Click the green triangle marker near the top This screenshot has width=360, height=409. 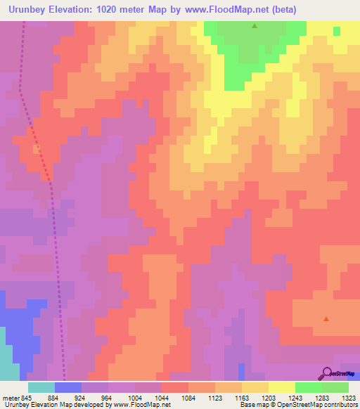pos(255,26)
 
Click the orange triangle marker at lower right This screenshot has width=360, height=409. pos(326,319)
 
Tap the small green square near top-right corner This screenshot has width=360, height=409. pos(337,31)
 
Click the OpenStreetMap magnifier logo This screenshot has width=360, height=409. pos(326,373)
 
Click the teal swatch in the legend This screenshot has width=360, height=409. pos(41,387)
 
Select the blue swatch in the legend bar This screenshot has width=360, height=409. pos(68,387)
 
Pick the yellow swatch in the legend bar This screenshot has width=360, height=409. pos(282,387)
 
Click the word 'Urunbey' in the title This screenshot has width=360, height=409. pos(32,9)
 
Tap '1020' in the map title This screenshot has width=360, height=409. pos(123,9)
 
